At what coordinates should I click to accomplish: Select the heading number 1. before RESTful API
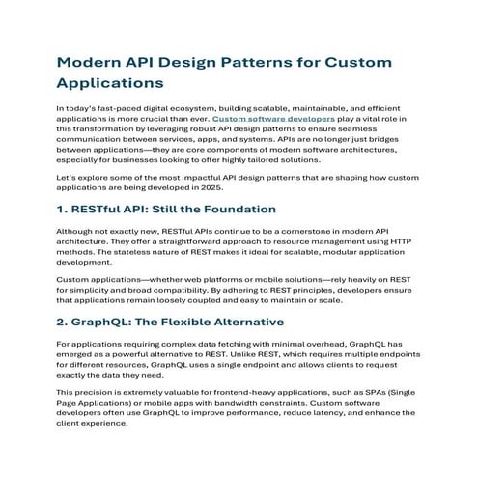pyautogui.click(x=64, y=209)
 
